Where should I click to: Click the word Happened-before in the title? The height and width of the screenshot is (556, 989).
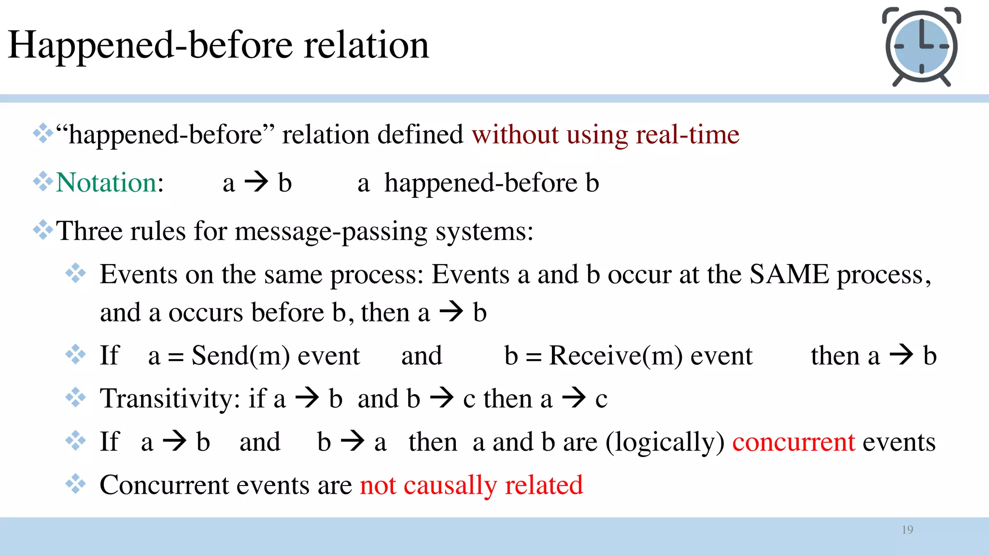(x=150, y=45)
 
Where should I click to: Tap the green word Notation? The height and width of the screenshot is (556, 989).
(x=106, y=183)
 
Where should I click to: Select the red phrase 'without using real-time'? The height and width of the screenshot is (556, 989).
(x=606, y=135)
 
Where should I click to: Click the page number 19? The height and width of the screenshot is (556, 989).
(x=907, y=530)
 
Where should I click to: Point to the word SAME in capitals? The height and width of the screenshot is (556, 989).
(x=789, y=275)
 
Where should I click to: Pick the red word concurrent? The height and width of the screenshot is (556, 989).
(x=793, y=442)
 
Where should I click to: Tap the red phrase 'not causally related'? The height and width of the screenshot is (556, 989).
(x=471, y=485)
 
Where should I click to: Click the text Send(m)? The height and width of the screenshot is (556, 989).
(x=240, y=356)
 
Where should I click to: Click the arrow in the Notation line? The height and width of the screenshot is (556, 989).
(x=256, y=182)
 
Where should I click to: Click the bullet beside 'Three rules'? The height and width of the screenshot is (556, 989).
(x=43, y=230)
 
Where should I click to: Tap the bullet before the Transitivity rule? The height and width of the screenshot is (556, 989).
(x=76, y=398)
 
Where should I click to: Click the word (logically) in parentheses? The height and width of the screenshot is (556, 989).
(x=665, y=442)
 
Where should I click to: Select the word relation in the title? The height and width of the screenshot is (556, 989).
(x=366, y=45)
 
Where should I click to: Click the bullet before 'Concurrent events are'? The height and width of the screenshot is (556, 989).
(x=76, y=484)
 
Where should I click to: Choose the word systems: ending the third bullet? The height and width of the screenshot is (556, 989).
(x=484, y=231)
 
